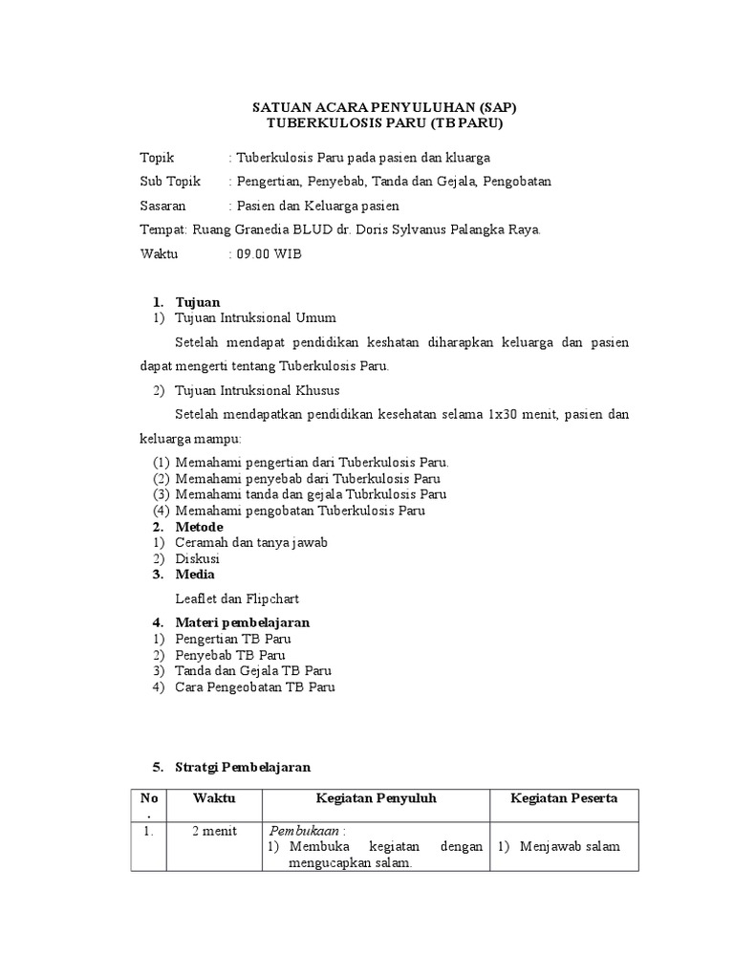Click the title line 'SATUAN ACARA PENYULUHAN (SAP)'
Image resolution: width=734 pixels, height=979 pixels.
click(382, 107)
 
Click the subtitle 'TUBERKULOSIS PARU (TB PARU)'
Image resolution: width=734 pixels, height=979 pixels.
click(382, 123)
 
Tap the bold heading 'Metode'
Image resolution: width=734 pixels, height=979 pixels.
click(199, 527)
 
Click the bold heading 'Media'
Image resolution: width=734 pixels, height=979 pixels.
click(195, 575)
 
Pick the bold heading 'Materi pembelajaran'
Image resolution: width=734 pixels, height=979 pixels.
click(243, 622)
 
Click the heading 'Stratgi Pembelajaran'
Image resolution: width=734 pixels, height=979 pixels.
click(244, 767)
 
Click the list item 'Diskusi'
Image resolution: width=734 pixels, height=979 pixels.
click(198, 558)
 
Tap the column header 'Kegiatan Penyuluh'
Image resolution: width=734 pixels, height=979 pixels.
click(376, 798)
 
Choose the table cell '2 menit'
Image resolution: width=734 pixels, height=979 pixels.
click(214, 831)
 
